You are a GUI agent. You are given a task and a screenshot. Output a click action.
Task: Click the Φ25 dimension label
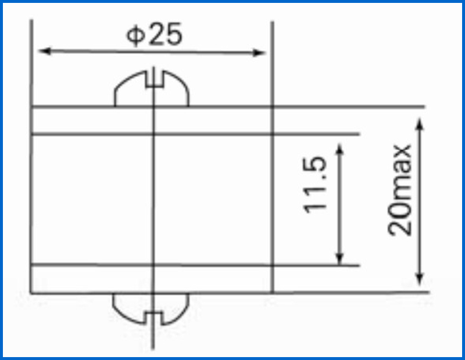coord(154,35)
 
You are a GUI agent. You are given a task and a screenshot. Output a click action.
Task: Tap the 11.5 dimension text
coord(315,184)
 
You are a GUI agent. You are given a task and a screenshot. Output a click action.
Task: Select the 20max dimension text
coord(400,190)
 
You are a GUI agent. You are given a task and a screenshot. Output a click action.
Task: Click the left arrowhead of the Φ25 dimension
coord(45,51)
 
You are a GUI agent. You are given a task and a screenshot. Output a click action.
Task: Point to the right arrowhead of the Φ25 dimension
coord(259,53)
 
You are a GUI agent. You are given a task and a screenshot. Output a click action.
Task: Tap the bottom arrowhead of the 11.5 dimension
coord(340,258)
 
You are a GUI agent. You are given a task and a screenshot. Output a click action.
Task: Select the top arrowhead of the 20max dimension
coord(419,124)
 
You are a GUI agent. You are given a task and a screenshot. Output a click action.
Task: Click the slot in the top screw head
coord(154,79)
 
